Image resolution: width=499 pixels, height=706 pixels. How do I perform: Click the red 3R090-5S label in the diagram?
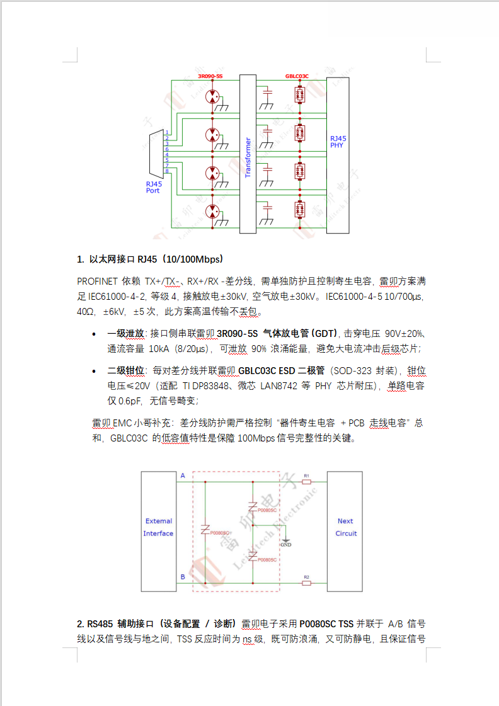coord(210,76)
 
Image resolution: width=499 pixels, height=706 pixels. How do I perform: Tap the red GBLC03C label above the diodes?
coord(297,76)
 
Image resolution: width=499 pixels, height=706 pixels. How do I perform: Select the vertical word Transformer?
coord(248,157)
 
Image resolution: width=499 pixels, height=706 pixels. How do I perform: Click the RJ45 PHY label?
coord(338,141)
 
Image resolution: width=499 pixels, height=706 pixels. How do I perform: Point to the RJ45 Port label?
coord(153,187)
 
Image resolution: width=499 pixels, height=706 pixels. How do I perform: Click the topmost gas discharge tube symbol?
coord(213,96)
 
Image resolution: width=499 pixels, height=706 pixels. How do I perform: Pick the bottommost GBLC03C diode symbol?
coord(301,208)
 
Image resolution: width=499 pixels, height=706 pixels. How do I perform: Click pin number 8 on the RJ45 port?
coord(167,171)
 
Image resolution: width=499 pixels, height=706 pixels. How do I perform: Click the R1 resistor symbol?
coord(306,482)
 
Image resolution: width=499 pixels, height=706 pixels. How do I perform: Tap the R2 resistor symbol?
coord(306,583)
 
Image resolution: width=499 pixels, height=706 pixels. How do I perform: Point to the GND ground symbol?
coord(285,542)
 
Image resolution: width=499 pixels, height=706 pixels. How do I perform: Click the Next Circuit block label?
coord(345,527)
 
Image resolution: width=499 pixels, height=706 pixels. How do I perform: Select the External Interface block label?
coord(158,527)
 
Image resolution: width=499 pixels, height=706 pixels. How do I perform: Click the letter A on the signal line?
coord(183,475)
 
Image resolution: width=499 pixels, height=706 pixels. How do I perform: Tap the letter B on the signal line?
coord(183,577)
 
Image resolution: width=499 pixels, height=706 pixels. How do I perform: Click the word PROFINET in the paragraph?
coord(96,282)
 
